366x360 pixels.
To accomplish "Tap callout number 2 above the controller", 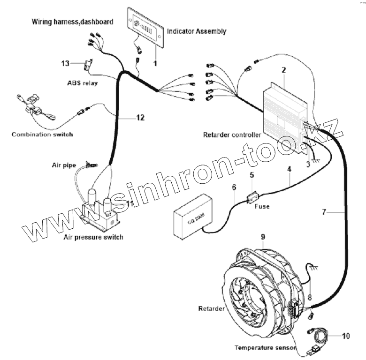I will click(x=283, y=70).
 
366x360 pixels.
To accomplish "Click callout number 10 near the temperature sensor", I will click(x=346, y=336).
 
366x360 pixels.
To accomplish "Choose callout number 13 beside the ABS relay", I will click(x=65, y=63).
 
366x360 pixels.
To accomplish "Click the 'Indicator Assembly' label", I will click(x=197, y=31).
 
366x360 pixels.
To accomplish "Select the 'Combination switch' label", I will click(x=42, y=135).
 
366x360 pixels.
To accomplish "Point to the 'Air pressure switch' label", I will click(x=93, y=237).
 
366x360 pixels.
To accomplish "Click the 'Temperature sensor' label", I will click(x=265, y=348).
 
